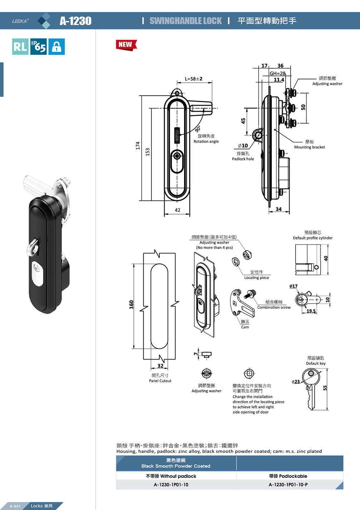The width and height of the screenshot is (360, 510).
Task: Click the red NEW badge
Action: [126, 45]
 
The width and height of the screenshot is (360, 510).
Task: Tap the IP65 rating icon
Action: [39, 47]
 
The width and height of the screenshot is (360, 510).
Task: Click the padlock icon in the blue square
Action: [57, 47]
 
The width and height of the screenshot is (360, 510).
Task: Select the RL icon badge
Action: [20, 47]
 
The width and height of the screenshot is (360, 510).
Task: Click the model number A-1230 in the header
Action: [76, 21]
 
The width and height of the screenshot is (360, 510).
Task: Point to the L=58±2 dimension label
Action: [194, 79]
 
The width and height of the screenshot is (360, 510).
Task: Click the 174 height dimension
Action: [137, 145]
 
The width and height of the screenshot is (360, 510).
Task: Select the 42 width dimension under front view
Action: [177, 210]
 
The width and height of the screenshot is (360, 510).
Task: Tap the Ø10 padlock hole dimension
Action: [243, 146]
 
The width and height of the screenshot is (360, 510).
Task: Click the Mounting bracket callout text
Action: [310, 147]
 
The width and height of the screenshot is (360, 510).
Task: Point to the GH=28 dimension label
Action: [277, 73]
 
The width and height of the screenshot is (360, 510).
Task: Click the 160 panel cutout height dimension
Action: [131, 304]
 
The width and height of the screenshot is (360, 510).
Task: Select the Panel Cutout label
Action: [160, 381]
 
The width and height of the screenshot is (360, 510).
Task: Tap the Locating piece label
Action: [257, 278]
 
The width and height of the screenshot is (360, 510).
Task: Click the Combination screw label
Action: [274, 307]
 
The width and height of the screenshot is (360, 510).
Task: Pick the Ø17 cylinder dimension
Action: [293, 286]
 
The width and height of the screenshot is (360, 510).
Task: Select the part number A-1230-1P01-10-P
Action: [288, 485]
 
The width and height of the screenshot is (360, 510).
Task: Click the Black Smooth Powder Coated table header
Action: [176, 466]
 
